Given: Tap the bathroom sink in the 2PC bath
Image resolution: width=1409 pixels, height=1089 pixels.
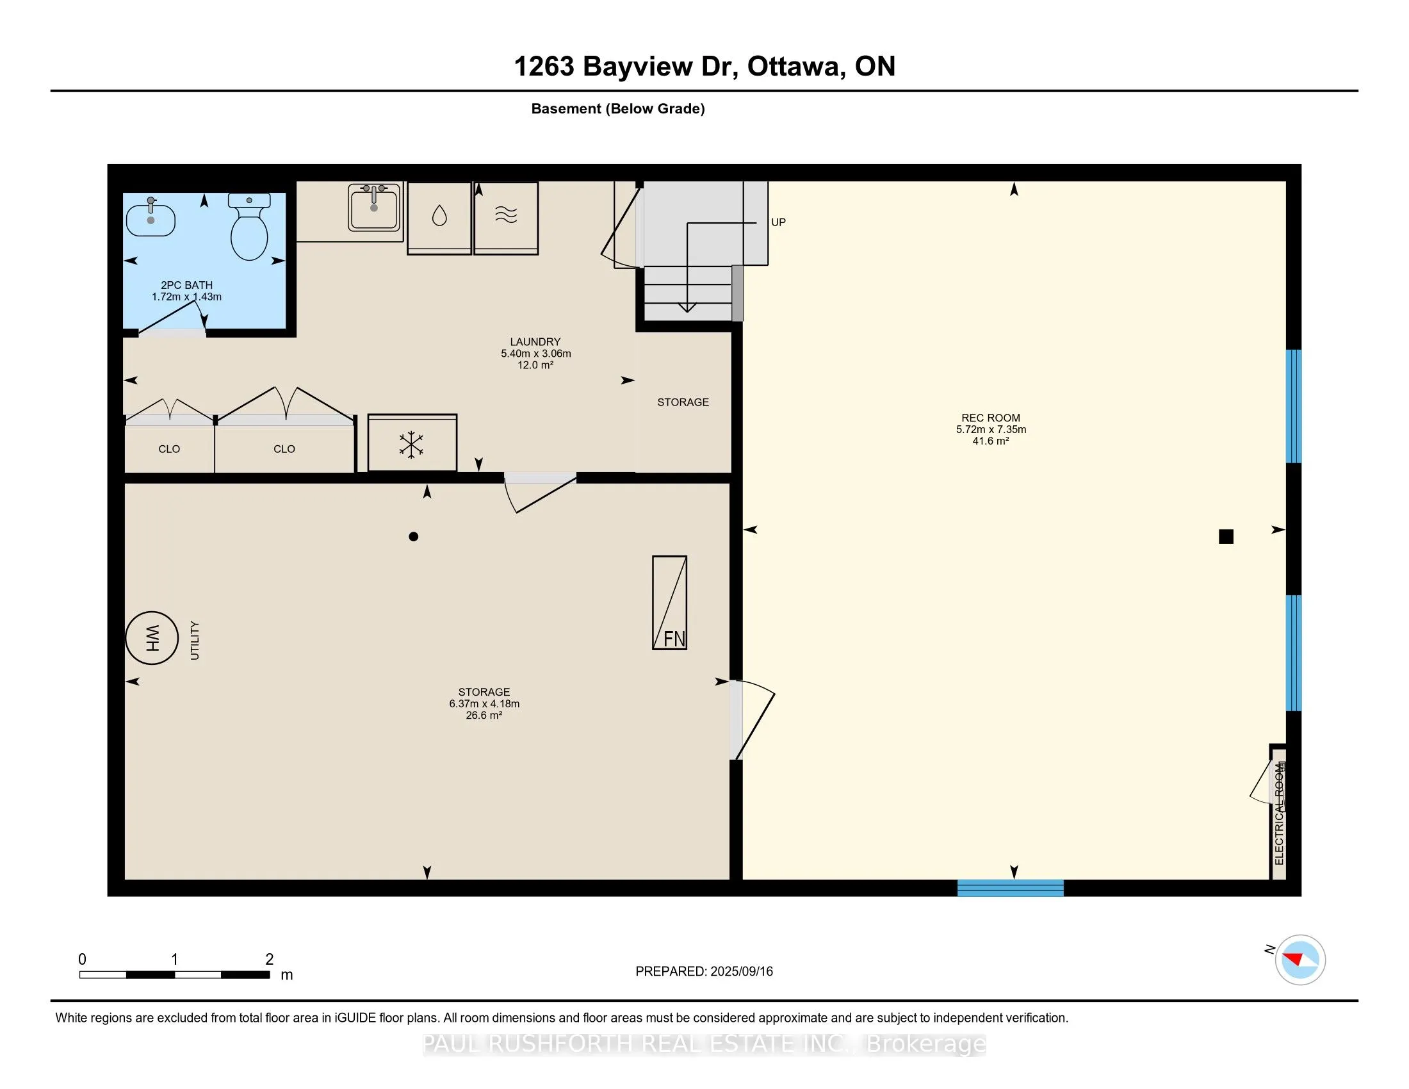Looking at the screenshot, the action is pos(151,218).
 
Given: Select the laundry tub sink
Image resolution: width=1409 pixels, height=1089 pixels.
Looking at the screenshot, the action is pos(374,207).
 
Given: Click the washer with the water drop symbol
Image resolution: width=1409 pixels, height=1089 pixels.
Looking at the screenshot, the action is pos(439,218).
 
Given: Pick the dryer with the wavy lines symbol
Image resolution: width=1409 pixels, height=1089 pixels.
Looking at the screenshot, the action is pos(507,218).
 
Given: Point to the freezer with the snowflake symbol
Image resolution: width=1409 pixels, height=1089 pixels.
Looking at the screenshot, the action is pos(412,443).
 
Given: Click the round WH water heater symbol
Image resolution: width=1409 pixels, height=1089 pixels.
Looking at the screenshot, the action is pos(152,638).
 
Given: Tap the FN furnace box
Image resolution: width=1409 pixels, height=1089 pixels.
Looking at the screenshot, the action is pos(670,603).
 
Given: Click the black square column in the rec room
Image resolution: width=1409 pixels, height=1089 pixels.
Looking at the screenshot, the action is pos(1226,536).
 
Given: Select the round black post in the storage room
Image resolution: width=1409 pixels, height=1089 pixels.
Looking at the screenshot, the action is pos(414,536).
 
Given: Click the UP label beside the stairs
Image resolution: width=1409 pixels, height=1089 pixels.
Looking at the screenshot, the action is pos(779,222).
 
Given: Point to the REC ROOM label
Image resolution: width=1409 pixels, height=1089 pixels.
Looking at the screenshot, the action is pos(991,418).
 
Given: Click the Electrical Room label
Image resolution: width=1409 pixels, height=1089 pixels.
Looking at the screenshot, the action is pos(1280,814).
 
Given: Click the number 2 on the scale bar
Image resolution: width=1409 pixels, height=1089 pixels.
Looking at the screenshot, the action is pos(270,960).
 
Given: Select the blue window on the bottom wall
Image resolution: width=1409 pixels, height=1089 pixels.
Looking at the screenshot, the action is pos(1010,888).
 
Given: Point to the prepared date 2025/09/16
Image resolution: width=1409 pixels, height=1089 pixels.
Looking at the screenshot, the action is pos(741,972).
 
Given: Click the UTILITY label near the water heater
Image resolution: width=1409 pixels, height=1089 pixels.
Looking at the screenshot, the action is pos(195,640).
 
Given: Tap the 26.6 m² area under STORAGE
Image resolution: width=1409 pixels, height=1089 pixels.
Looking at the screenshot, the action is pos(484,716).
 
